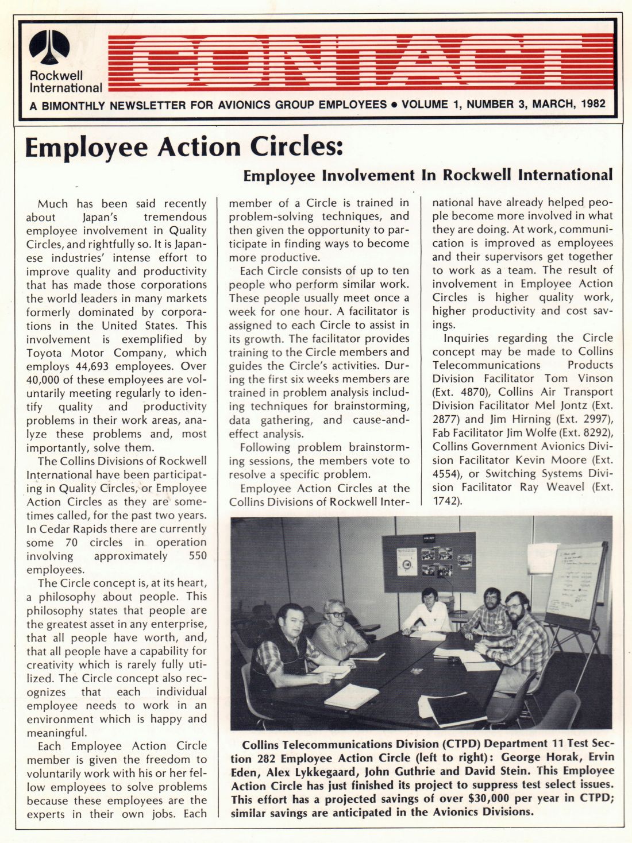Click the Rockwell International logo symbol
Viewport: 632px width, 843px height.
[x=49, y=47]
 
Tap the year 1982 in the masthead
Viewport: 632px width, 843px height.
[x=594, y=105]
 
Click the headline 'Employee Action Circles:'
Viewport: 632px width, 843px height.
[x=184, y=148]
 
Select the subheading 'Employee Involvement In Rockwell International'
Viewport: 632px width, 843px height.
[x=428, y=175]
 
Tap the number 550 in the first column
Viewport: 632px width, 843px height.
[x=197, y=556]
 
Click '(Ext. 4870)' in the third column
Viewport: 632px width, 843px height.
[x=454, y=392]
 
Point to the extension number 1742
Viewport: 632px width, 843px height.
[x=446, y=501]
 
